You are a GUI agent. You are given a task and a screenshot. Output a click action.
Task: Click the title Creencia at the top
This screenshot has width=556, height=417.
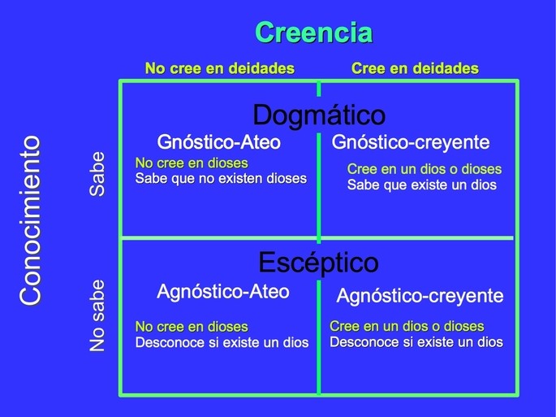click(313, 33)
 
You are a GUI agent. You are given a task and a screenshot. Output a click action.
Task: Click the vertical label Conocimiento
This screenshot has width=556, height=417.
click(31, 220)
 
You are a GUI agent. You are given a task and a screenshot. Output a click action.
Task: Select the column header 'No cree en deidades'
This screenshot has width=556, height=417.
click(219, 69)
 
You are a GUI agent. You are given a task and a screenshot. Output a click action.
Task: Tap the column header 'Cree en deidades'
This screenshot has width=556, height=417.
click(415, 69)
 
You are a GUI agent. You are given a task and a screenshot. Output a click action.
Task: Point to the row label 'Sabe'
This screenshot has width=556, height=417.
click(97, 173)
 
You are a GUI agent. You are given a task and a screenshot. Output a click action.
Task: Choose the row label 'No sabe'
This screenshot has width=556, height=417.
click(97, 315)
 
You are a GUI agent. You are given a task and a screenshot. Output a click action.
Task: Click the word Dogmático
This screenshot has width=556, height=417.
click(318, 115)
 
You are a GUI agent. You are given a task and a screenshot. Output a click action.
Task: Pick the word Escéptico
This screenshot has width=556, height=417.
click(318, 263)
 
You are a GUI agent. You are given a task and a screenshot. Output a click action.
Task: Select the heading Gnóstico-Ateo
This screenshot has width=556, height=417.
click(218, 142)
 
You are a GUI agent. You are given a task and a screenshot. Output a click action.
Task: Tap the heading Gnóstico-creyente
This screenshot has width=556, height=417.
click(411, 142)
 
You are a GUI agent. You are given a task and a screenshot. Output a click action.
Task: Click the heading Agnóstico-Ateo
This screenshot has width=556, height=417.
click(222, 291)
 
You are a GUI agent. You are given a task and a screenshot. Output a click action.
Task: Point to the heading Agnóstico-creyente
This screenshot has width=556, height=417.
click(420, 296)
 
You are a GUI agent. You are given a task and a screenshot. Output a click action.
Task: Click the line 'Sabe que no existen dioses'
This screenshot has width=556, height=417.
click(221, 179)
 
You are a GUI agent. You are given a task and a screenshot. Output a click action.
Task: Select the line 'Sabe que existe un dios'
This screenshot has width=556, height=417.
click(421, 185)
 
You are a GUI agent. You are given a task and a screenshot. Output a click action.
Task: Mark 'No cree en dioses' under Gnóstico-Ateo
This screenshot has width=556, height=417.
click(192, 163)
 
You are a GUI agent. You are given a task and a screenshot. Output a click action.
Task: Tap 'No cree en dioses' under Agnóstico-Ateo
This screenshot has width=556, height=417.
click(192, 327)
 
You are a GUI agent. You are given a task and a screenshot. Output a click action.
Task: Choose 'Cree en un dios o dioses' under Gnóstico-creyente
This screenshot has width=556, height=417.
click(425, 169)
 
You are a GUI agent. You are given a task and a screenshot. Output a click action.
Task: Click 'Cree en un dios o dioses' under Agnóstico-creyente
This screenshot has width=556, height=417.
click(407, 326)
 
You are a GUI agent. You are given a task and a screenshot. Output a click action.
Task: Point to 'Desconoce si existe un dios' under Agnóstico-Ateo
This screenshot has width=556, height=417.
click(222, 342)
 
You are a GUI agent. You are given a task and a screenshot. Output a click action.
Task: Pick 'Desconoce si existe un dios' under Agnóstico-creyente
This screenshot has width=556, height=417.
click(416, 341)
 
